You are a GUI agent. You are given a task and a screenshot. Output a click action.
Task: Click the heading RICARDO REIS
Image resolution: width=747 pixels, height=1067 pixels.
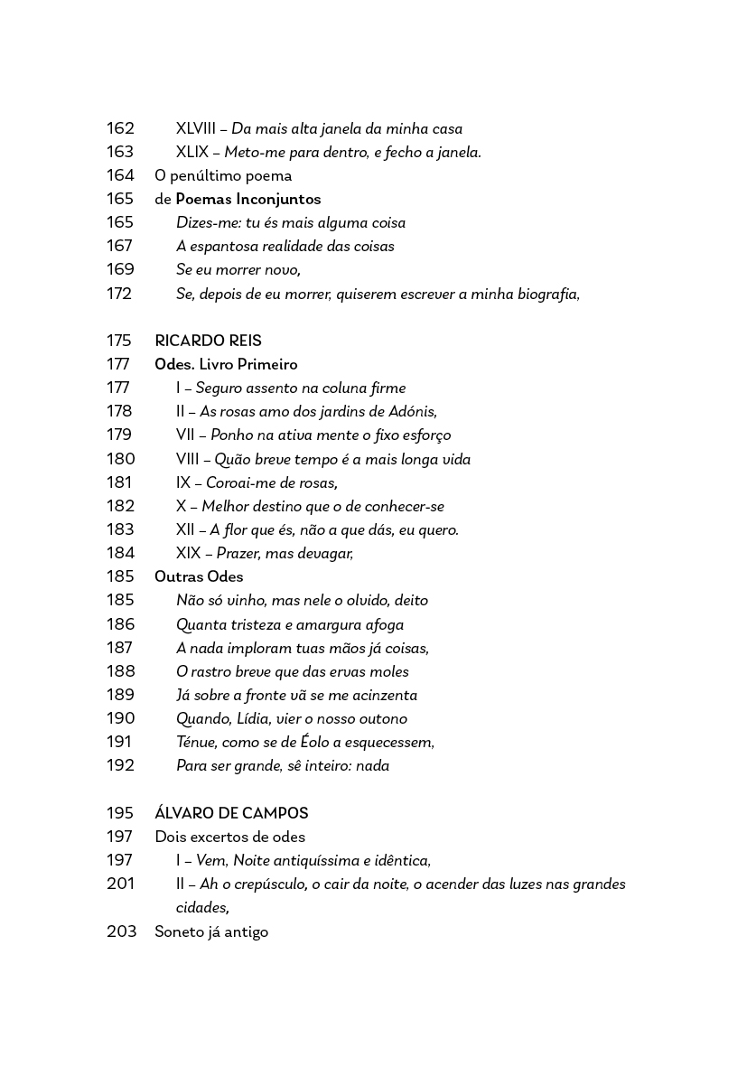point(208,341)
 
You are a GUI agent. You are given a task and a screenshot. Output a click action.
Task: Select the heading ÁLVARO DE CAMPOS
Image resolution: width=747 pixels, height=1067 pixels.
point(231,813)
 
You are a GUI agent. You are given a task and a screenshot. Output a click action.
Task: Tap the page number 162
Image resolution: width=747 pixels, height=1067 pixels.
point(120,128)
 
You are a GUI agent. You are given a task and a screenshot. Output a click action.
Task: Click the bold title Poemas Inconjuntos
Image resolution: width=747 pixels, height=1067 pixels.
point(247,199)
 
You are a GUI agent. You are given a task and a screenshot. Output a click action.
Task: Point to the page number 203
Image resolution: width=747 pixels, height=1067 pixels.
point(121,931)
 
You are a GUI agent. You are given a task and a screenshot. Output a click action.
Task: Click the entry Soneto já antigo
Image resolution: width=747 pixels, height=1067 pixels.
point(211,931)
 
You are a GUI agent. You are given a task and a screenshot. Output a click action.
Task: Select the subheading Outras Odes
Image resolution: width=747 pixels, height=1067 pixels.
point(199,576)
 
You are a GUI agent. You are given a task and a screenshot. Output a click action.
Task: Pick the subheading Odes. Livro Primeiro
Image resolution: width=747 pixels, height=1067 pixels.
point(226,364)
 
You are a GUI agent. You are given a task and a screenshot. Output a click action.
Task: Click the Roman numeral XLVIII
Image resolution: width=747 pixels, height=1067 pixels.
point(201,128)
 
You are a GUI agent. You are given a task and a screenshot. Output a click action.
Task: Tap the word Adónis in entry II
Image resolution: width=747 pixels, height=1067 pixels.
point(412,411)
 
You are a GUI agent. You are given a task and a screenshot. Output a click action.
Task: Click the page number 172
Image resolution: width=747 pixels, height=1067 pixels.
point(119,294)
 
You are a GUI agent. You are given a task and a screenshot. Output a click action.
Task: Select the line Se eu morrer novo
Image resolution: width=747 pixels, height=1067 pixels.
point(238,269)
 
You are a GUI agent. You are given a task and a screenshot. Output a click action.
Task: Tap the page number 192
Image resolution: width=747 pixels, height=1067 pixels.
point(120,765)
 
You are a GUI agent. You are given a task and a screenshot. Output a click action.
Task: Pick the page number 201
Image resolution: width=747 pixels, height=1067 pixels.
point(120,884)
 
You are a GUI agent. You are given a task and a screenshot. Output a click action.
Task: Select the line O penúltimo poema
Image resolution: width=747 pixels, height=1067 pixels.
point(223,175)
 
